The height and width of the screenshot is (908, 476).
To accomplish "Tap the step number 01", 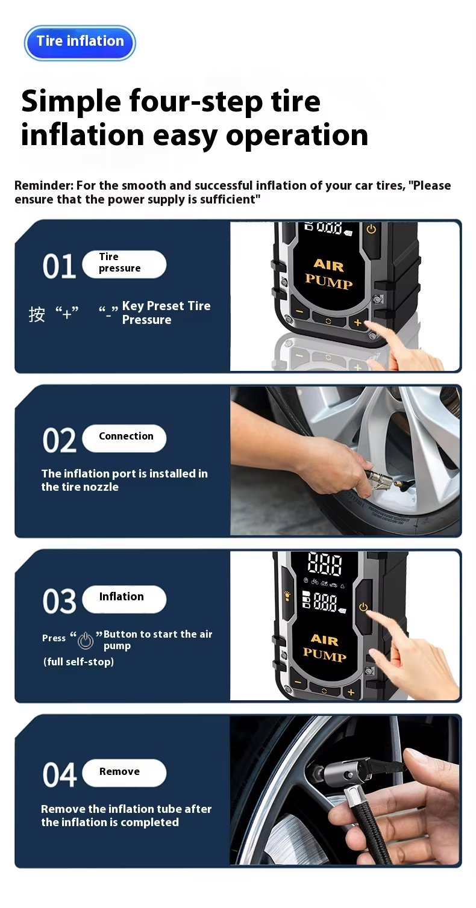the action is [59, 266].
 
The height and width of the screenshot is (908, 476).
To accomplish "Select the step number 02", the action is [59, 440].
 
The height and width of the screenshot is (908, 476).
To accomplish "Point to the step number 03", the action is [59, 601].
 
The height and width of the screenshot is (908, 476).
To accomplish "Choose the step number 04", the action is [59, 774].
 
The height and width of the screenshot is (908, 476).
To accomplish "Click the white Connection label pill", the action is [124, 438].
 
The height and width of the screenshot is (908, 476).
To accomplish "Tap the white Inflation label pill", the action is [124, 599].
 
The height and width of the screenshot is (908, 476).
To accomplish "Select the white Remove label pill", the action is [124, 773].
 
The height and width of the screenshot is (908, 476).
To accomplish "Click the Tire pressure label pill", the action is [124, 264].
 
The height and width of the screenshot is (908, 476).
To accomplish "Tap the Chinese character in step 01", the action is [37, 314].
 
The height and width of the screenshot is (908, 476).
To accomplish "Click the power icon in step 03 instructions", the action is [86, 641].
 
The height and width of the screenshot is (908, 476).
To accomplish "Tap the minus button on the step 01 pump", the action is [299, 311].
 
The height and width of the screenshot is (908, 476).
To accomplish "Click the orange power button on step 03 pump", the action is [363, 607].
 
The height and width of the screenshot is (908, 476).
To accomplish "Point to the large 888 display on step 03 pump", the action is [325, 564].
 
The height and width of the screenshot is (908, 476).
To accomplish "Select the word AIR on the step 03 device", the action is [325, 639].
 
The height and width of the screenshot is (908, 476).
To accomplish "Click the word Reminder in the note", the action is [44, 185].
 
